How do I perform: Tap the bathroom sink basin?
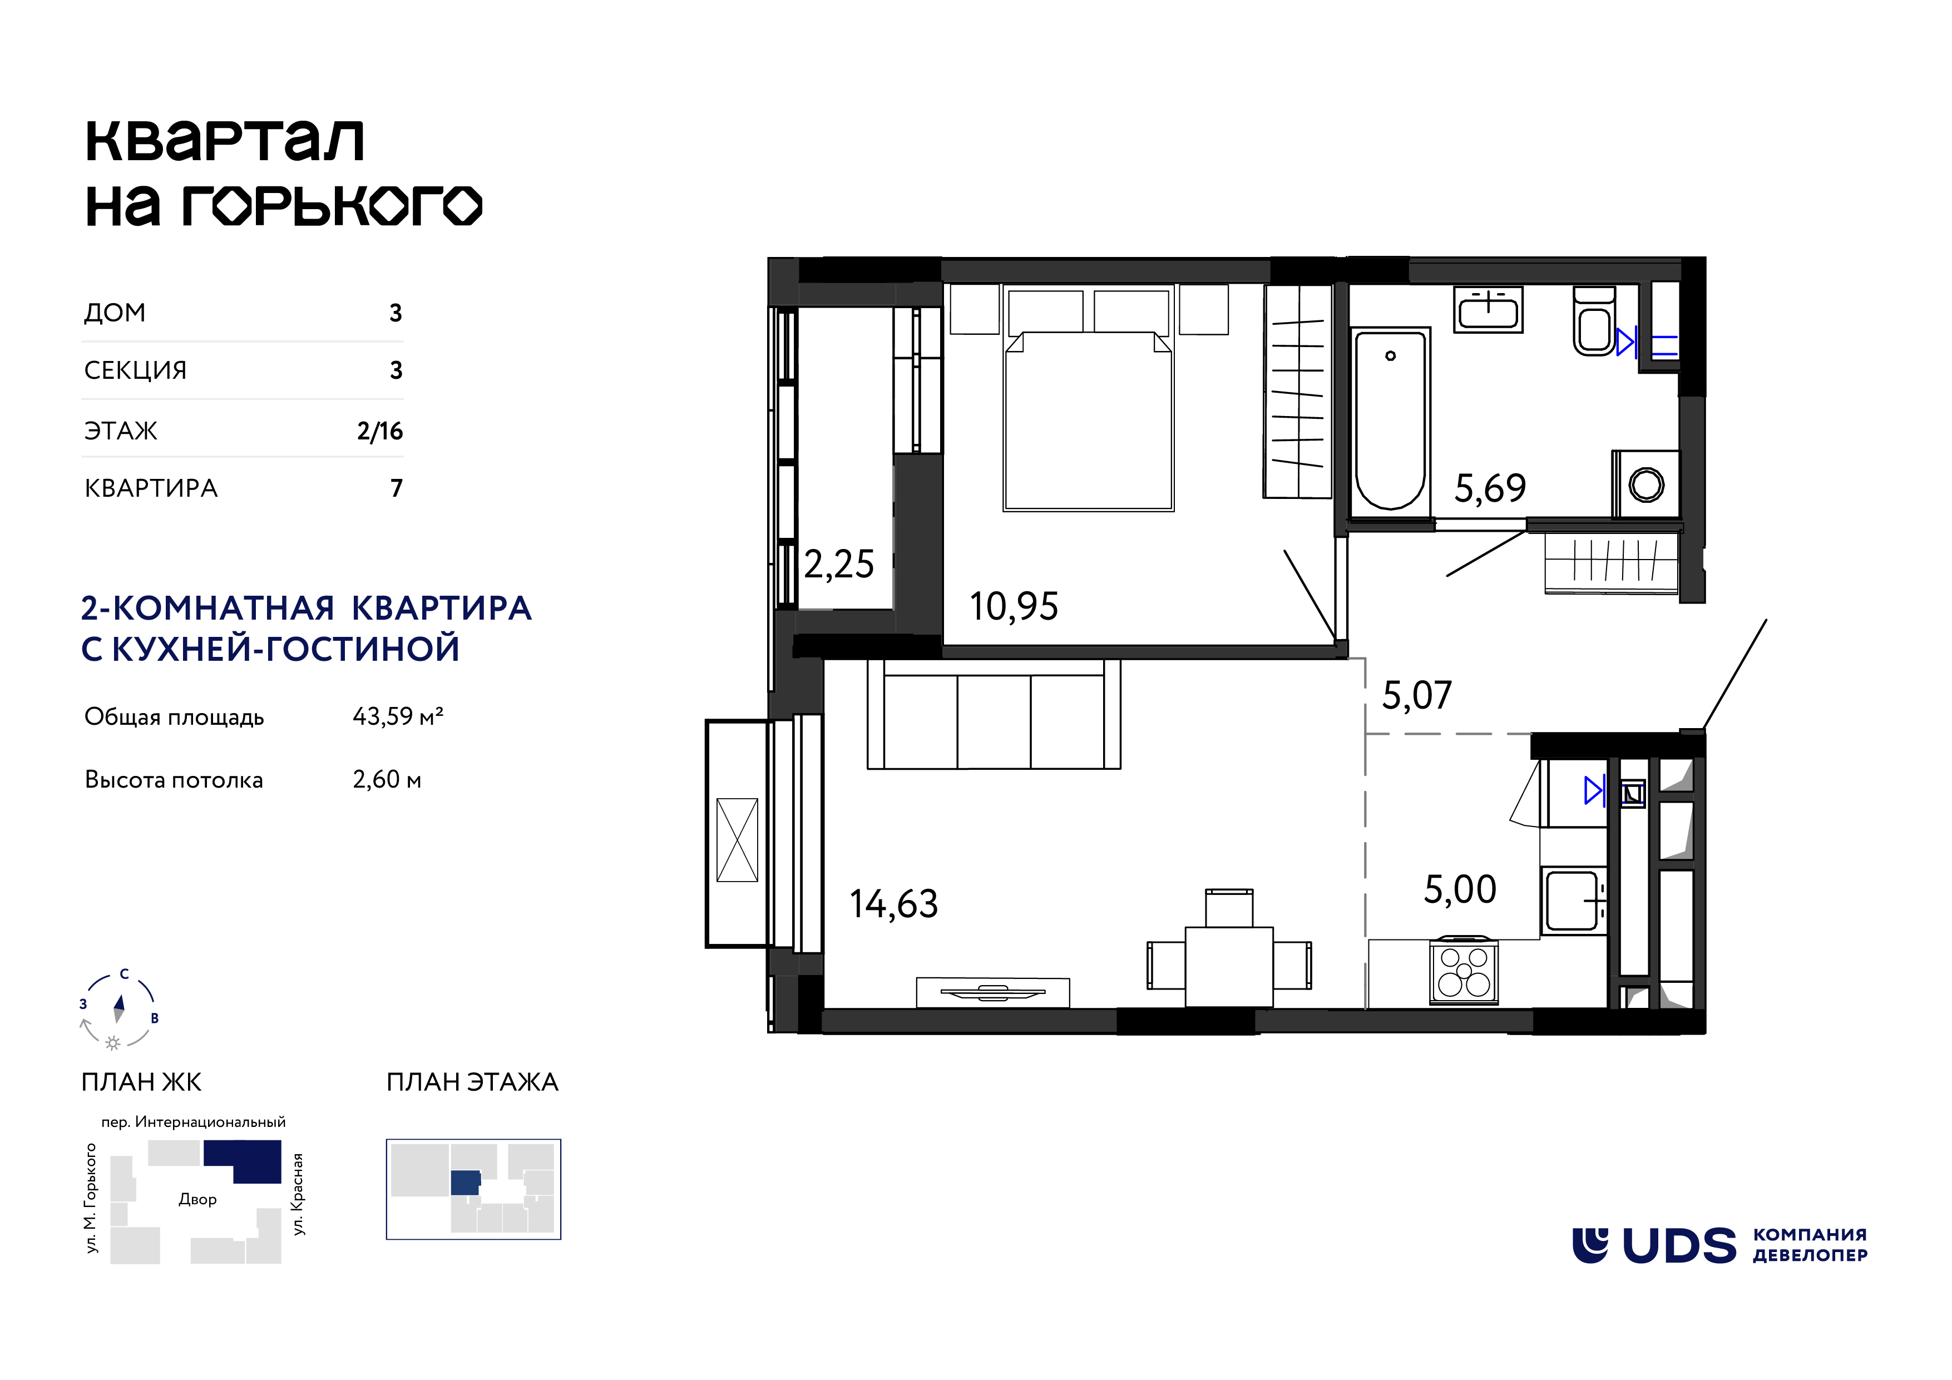[x=1488, y=309]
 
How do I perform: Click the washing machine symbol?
[x=1646, y=484]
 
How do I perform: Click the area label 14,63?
[x=893, y=904]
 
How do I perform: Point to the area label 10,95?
[x=1014, y=607]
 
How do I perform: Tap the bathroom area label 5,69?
[x=1490, y=488]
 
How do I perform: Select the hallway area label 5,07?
[x=1417, y=695]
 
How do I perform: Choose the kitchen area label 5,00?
[x=1460, y=889]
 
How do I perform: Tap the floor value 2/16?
[x=380, y=431]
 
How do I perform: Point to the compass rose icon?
[x=119, y=1010]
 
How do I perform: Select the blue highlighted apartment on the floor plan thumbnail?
[x=465, y=1183]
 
